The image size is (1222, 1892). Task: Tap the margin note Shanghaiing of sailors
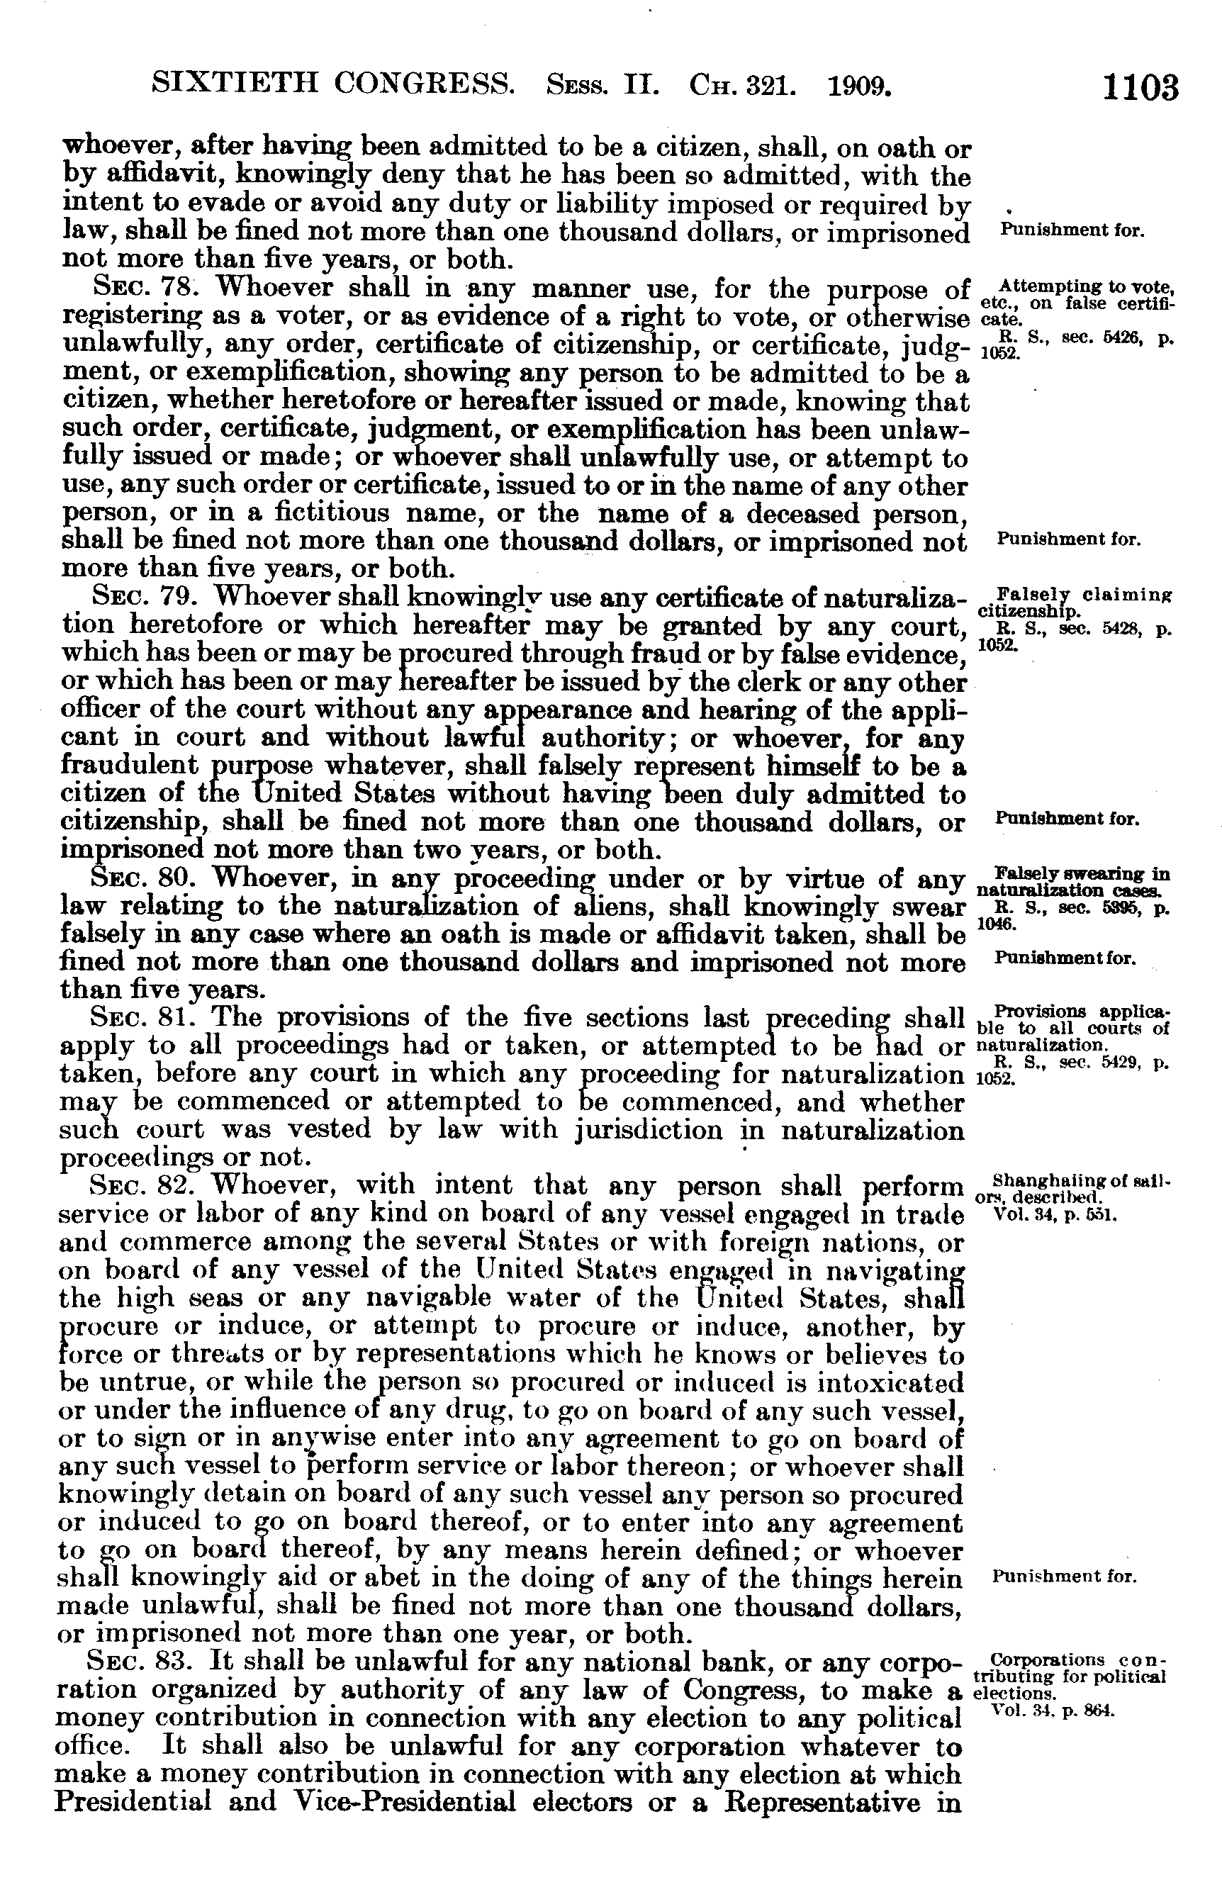point(1071,1188)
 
